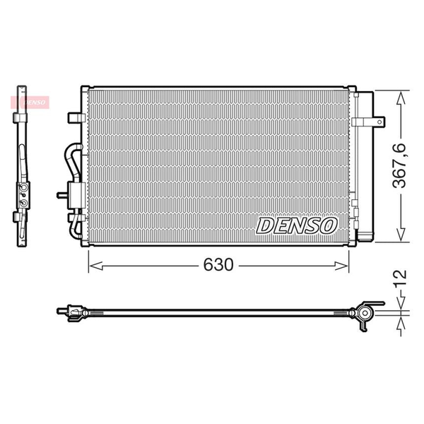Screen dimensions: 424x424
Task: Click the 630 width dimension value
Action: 218,265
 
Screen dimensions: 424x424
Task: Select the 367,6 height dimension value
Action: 399,166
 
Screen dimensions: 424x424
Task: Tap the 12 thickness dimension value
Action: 399,278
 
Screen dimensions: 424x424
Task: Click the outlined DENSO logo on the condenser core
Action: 296,226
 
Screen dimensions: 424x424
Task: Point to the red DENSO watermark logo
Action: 30,102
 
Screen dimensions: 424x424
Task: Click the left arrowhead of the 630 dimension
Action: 96,266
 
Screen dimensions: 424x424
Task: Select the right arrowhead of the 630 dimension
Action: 341,266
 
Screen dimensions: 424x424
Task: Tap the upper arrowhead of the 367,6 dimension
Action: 401,98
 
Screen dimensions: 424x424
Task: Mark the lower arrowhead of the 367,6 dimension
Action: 401,234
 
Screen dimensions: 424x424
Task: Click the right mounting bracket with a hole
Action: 368,122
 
